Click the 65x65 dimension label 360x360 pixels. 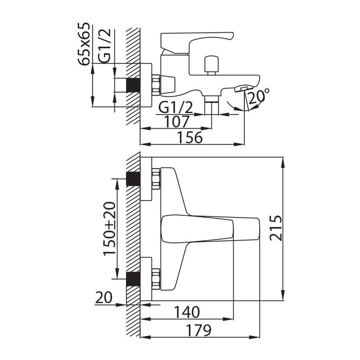pyautogui.click(x=83, y=44)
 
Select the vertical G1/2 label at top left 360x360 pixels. pyautogui.click(x=104, y=46)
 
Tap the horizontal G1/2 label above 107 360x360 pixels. pyautogui.click(x=176, y=107)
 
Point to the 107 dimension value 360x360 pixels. pyautogui.click(x=177, y=122)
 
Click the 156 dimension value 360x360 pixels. pyautogui.click(x=190, y=137)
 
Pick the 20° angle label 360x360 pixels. pyautogui.click(x=259, y=96)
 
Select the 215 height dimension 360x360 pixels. pyautogui.click(x=276, y=228)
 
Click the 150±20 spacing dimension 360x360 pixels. pyautogui.click(x=109, y=229)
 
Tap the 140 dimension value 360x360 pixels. pyautogui.click(x=187, y=312)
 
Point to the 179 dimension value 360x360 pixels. pyautogui.click(x=198, y=330)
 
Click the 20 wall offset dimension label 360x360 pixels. pyautogui.click(x=103, y=298)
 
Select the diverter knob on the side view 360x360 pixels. pyautogui.click(x=211, y=65)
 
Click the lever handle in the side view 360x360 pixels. pyautogui.click(x=196, y=43)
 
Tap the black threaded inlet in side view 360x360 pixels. pyautogui.click(x=133, y=85)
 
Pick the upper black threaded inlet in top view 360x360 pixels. pyautogui.click(x=133, y=178)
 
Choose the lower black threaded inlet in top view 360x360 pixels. pyautogui.click(x=133, y=279)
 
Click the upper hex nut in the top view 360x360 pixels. pyautogui.click(x=156, y=178)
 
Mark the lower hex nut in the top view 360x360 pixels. pyautogui.click(x=156, y=279)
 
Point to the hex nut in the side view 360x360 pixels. pyautogui.click(x=156, y=85)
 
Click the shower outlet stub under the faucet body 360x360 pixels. pyautogui.click(x=211, y=105)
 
